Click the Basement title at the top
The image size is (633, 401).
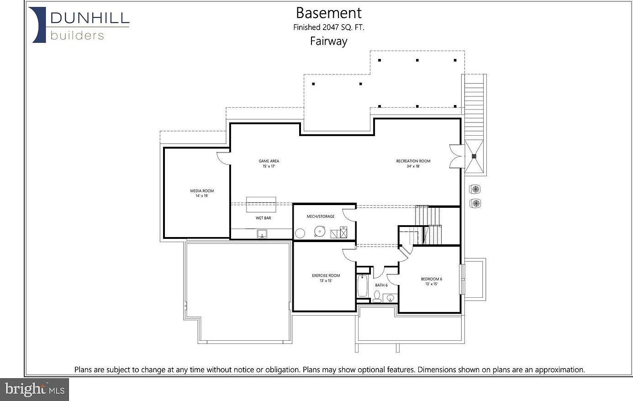[x=328, y=13]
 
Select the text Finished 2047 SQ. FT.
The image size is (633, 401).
[x=328, y=27]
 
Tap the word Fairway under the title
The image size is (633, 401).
[x=328, y=41]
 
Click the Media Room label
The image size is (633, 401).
[x=202, y=193]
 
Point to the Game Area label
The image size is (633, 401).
[x=269, y=164]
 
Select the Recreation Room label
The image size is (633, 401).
[x=413, y=164]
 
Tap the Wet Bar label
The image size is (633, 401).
[x=263, y=218]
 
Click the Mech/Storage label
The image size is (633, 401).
[x=320, y=216]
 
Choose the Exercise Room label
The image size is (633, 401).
[x=326, y=278]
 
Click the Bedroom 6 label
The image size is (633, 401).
[x=431, y=281]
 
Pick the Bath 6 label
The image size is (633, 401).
[x=381, y=285]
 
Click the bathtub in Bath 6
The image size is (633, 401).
[x=363, y=285]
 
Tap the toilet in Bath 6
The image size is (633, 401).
[x=377, y=298]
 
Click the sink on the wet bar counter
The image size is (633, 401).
[x=262, y=234]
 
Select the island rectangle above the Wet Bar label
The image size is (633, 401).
[x=261, y=204]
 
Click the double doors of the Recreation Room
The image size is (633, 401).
[x=455, y=157]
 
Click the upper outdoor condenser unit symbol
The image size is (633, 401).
[x=475, y=189]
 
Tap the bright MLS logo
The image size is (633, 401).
[x=35, y=390]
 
